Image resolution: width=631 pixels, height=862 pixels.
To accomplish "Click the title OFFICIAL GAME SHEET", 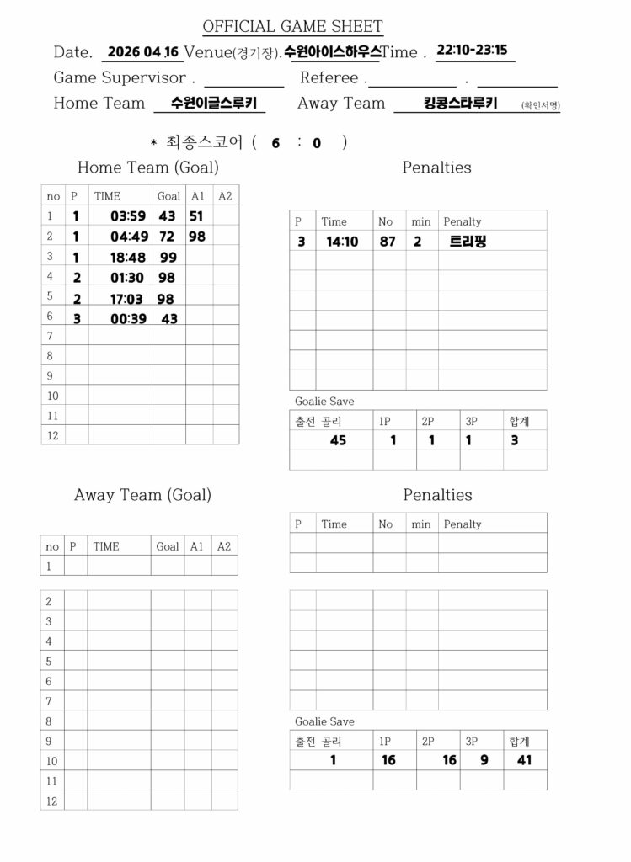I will tap(292, 27).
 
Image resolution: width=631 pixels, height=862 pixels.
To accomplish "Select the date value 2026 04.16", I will tap(143, 52).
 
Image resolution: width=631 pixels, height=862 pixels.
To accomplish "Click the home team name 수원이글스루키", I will tap(210, 103).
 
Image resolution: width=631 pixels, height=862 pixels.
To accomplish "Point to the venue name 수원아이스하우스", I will tap(332, 52).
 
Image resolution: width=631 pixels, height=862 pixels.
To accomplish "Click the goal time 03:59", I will tap(128, 216).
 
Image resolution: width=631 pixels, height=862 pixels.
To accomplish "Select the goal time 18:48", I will tap(128, 258).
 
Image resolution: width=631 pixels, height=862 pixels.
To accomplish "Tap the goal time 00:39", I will tap(128, 318).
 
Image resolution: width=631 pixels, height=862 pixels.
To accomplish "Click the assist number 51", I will tap(195, 216).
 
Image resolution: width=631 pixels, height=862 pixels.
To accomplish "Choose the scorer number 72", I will tap(167, 237).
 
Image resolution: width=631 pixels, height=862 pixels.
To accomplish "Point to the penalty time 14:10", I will tap(342, 242).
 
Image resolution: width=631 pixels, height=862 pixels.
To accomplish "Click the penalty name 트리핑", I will tap(468, 242).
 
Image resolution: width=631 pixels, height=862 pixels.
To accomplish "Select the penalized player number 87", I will tap(387, 242).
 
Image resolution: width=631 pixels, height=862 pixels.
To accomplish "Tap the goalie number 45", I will tap(338, 440).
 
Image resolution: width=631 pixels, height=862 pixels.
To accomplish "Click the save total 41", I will tap(524, 760).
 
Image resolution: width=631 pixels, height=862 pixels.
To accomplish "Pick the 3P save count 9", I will tap(484, 760).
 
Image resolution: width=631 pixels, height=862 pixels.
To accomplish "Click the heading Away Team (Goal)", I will tap(142, 495).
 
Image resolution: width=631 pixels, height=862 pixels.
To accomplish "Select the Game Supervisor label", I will tap(120, 78).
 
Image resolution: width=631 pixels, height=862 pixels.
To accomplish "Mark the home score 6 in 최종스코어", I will tap(275, 143).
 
